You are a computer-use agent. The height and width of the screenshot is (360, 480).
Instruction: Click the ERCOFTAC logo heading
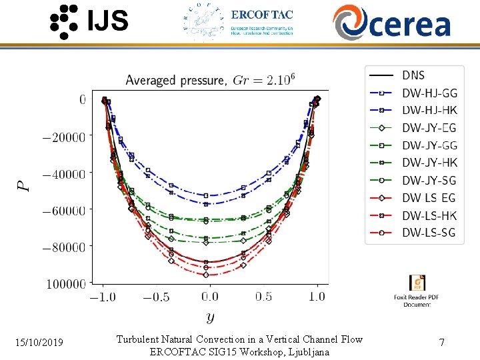261,14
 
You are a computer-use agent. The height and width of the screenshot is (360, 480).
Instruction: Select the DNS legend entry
413,75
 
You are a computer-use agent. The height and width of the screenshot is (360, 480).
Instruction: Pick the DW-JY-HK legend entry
429,163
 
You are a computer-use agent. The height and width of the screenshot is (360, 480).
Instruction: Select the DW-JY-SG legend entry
429,180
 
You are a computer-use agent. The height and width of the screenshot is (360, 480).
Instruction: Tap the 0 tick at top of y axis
83,100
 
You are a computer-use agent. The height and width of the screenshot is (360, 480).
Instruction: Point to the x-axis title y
210,317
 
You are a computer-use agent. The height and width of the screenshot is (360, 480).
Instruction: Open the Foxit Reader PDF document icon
417,283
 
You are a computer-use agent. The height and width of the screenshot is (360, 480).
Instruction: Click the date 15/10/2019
39,343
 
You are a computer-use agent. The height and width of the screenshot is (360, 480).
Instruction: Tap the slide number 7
441,343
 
